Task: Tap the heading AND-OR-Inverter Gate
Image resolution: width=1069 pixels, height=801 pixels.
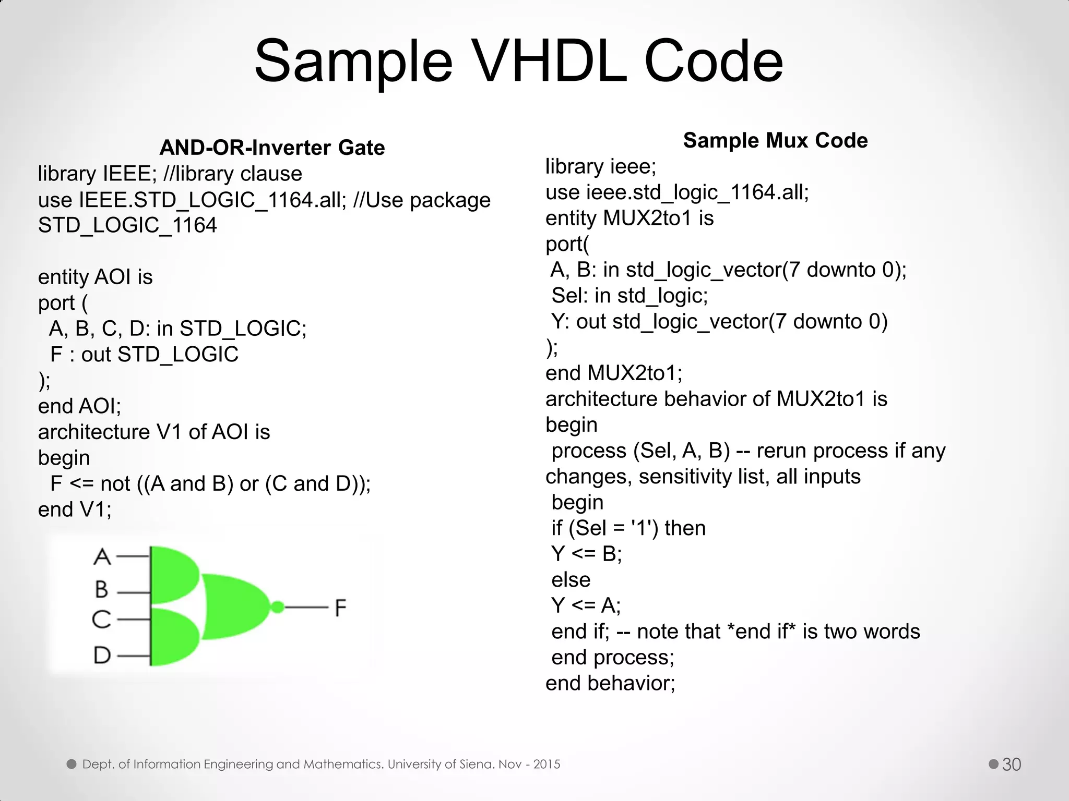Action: pyautogui.click(x=272, y=148)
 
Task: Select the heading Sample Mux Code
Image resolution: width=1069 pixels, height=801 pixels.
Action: pyautogui.click(x=775, y=141)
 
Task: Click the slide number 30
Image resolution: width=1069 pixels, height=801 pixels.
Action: pyautogui.click(x=1012, y=764)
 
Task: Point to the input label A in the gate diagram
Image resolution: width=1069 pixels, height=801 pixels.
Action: pyautogui.click(x=102, y=557)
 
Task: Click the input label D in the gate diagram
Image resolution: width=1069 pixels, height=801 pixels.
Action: pyautogui.click(x=102, y=655)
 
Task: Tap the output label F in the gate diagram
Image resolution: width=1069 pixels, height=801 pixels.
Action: pyautogui.click(x=340, y=608)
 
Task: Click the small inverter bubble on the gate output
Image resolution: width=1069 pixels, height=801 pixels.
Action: pyautogui.click(x=278, y=607)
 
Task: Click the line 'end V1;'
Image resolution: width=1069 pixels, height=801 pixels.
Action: pyautogui.click(x=75, y=509)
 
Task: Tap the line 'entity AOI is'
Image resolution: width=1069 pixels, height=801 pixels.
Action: pyautogui.click(x=95, y=277)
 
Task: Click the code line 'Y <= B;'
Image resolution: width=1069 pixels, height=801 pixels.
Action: pyautogui.click(x=586, y=554)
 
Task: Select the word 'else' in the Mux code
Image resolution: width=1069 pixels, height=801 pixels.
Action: pyautogui.click(x=571, y=580)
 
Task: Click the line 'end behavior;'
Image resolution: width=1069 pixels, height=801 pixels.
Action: pyautogui.click(x=610, y=683)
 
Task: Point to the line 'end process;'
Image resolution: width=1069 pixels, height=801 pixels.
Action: pyautogui.click(x=612, y=658)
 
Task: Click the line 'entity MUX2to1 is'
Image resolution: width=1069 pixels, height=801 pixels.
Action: pyautogui.click(x=629, y=218)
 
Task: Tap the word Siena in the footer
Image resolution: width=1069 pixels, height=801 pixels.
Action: pyautogui.click(x=477, y=764)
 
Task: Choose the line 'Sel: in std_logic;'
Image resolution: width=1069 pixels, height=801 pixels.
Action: pyautogui.click(x=629, y=296)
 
